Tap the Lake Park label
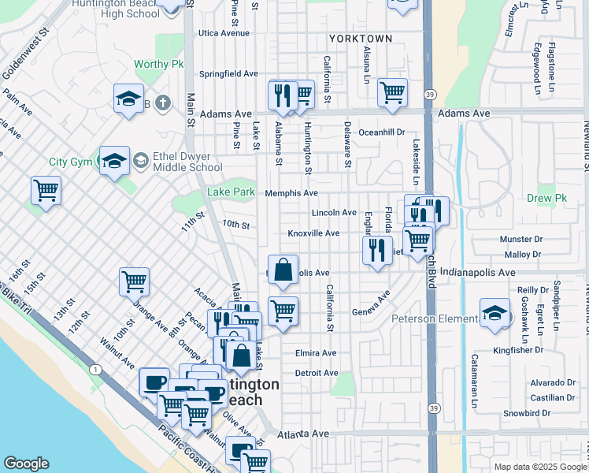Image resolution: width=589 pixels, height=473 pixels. click(231, 192)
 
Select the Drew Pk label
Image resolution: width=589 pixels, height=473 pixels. click(546, 199)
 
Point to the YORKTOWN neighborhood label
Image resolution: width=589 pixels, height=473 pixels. click(360, 38)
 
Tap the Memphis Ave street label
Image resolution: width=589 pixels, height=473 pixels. click(291, 193)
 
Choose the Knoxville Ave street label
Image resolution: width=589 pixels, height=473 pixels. click(313, 233)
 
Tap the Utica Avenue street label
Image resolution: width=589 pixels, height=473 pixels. click(224, 33)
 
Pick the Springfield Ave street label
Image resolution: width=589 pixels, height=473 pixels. click(228, 73)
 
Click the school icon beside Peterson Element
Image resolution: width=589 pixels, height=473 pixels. click(495, 312)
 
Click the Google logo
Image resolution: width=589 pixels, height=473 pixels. click(27, 464)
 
